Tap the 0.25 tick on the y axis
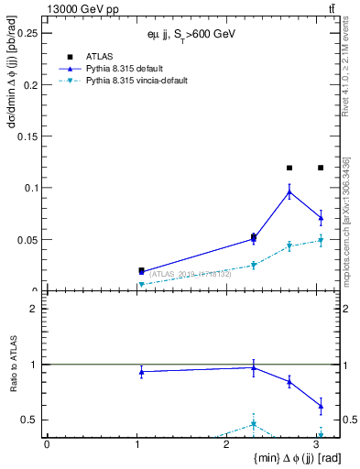pos(30,33)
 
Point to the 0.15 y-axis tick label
pos(30,136)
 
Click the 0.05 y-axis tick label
pos(30,240)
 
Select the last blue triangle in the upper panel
pos(321,218)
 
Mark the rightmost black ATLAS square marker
pos(321,168)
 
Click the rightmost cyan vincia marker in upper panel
pos(321,241)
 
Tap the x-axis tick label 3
pos(315,443)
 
